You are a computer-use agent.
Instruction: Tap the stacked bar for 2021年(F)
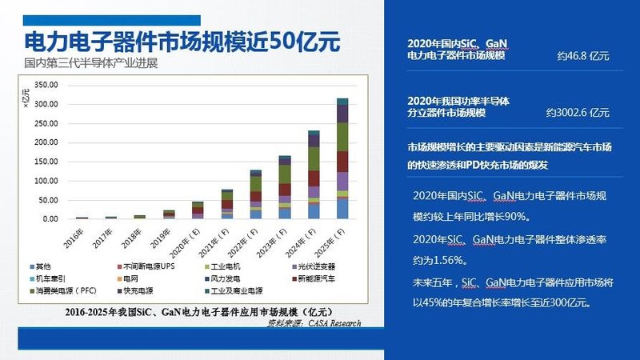[227, 204]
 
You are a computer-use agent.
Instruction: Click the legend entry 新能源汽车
[316, 278]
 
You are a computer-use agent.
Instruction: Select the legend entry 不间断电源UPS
[146, 266]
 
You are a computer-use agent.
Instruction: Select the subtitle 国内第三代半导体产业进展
[90, 62]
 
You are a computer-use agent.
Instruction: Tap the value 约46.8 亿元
[583, 57]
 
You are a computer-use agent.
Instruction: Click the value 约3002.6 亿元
[578, 113]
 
